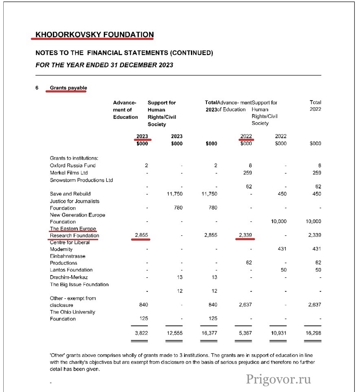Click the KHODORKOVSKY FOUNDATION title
[x=94, y=35]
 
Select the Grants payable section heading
[x=68, y=88]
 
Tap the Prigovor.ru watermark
[x=279, y=379]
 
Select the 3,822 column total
[x=141, y=333]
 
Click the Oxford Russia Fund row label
[x=73, y=166]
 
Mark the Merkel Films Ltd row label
[x=69, y=173]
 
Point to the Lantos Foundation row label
[x=71, y=270]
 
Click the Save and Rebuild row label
[x=70, y=194]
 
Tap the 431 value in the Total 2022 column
[x=316, y=249]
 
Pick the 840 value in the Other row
[x=143, y=305]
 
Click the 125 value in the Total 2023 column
[x=213, y=319]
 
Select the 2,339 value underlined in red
[x=244, y=236]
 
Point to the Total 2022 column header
[x=315, y=106]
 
